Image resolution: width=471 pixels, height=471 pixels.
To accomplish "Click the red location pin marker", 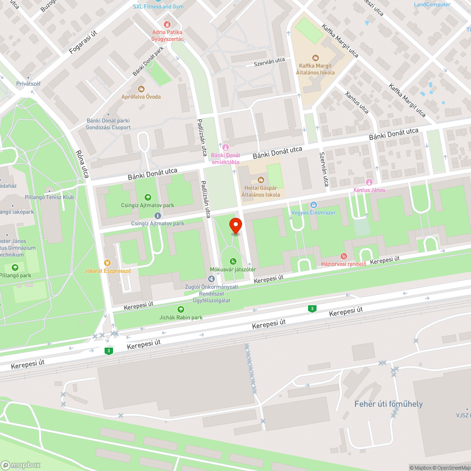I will tap(235, 226).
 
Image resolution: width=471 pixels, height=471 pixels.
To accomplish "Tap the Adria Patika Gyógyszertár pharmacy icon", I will tap(166, 24).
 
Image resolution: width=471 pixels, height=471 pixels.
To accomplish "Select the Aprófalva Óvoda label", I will tap(141, 97).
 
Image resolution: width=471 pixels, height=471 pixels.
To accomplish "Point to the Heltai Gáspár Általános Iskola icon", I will tap(260, 180).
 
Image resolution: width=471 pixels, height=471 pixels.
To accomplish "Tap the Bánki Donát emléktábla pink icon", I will tap(225, 147).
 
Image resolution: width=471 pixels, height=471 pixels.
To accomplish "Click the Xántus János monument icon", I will tap(369, 182).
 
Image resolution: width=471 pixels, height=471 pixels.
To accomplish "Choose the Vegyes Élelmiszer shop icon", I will tap(314, 205).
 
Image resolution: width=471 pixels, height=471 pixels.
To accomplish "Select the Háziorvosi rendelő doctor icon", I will tap(344, 257).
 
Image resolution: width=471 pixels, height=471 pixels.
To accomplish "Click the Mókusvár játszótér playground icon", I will tap(233, 261).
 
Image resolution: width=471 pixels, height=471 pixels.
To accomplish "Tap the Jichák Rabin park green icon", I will tap(180, 309).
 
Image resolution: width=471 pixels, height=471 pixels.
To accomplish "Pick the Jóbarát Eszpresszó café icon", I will tap(107, 263).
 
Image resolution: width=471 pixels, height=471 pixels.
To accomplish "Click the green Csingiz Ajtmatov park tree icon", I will tap(148, 197).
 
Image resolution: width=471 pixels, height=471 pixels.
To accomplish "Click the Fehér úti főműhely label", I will tap(389, 404).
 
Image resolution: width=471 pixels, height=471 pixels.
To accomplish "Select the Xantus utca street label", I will tap(357, 102).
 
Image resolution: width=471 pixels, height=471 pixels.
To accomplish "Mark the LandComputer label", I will tap(432, 5).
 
